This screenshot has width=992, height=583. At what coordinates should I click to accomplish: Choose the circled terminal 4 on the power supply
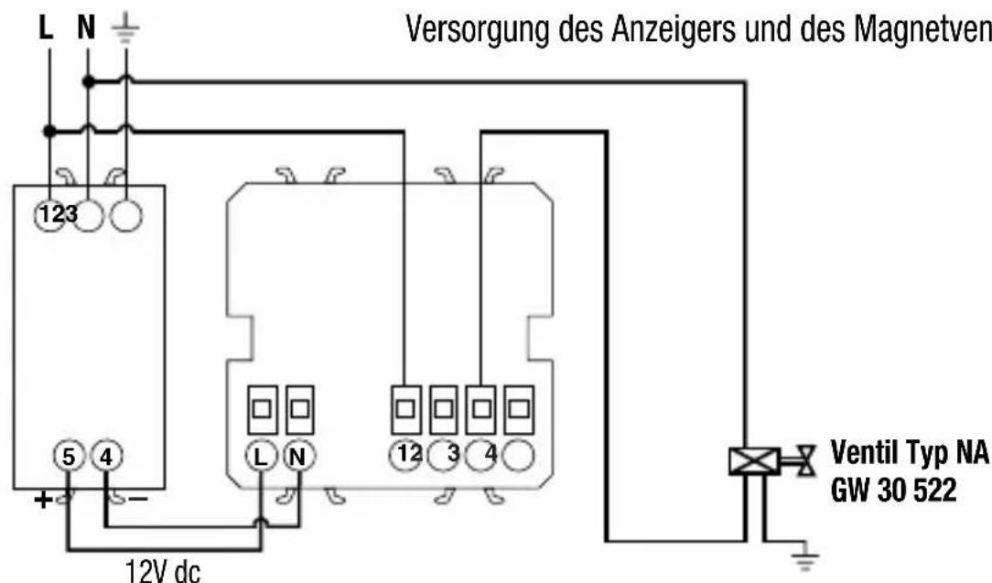click(107, 455)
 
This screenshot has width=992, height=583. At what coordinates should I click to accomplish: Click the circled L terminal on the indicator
click(261, 455)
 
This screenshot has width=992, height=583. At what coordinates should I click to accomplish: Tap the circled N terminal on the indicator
click(297, 455)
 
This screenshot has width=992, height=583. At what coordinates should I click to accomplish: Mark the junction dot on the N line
click(87, 81)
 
